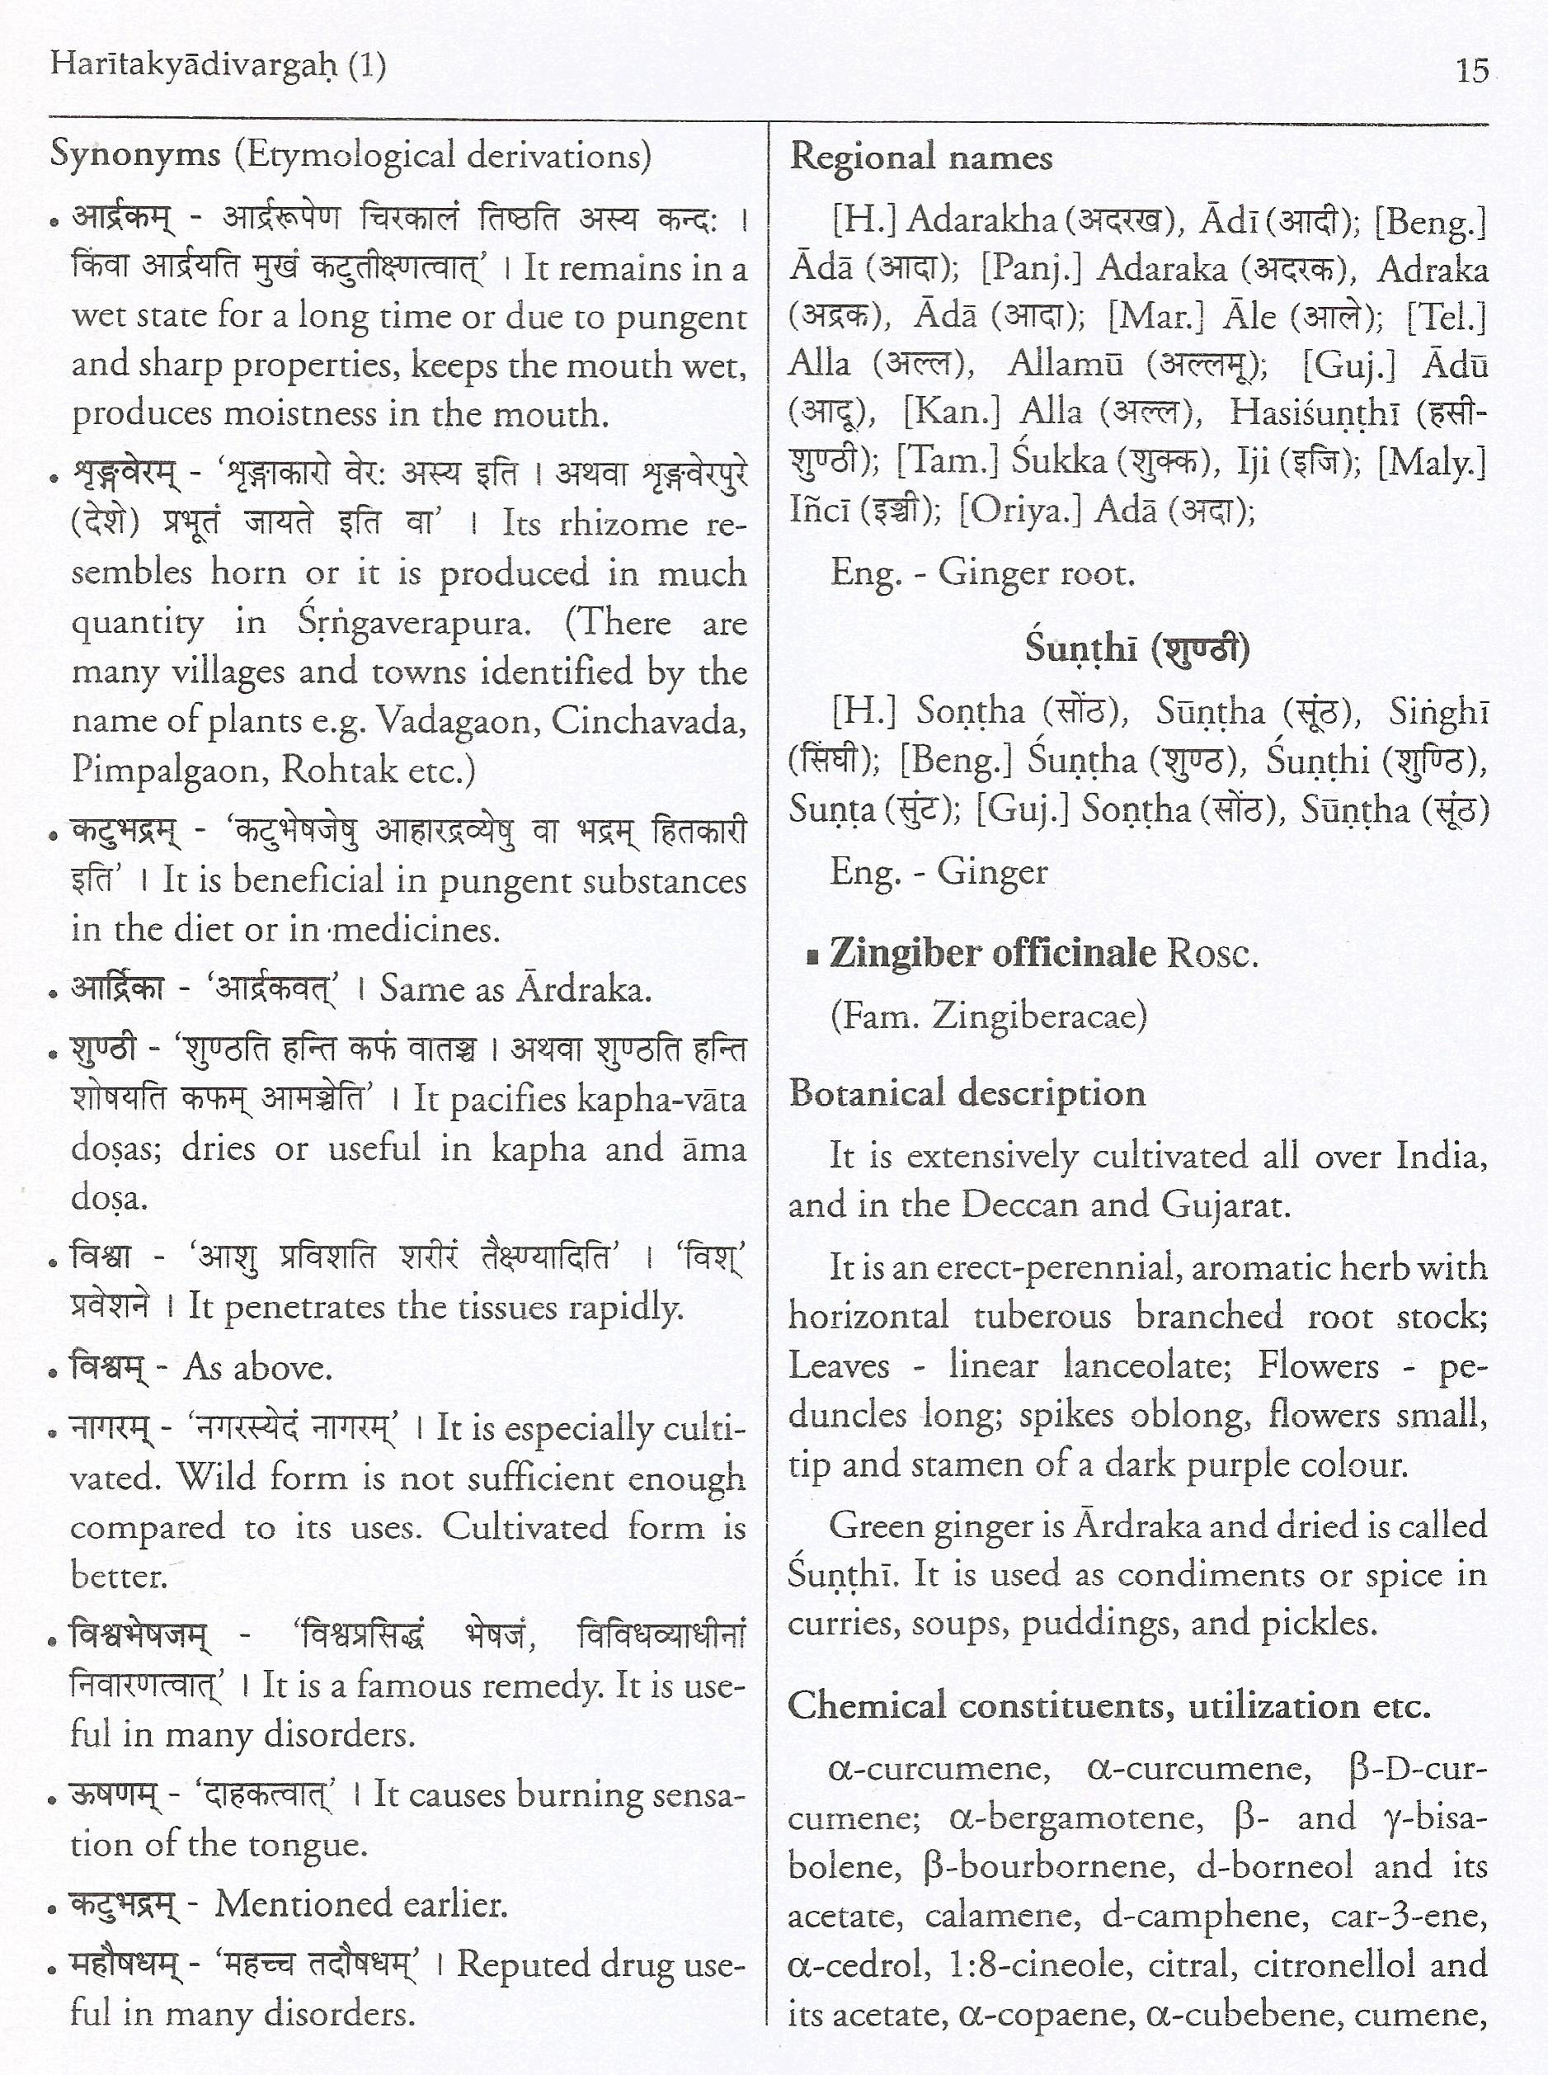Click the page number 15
[1472, 70]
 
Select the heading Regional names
[920, 158]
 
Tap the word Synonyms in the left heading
[135, 153]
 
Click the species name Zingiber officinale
[993, 953]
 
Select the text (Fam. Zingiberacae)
[989, 1015]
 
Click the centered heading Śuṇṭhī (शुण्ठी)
[1136, 648]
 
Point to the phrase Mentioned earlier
[360, 1903]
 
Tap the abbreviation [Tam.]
[947, 461]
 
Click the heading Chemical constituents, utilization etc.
[1108, 1705]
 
